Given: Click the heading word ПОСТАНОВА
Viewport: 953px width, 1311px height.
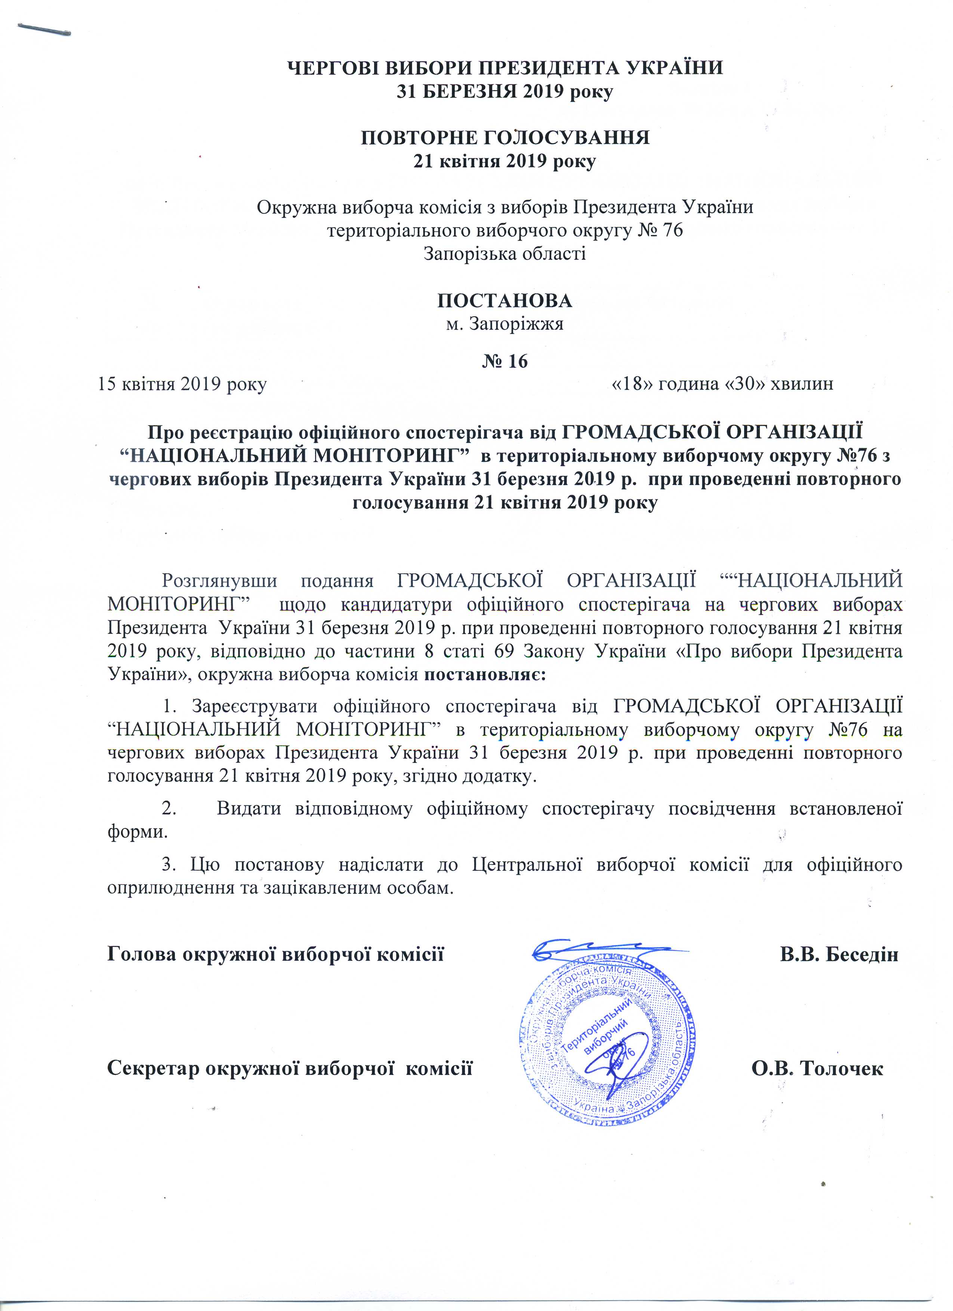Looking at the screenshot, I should (505, 301).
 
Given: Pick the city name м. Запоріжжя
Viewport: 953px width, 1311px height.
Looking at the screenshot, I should (505, 323).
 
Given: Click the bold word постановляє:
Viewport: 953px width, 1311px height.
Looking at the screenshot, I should (486, 675).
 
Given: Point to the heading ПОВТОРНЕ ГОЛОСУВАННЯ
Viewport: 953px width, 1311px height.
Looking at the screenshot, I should (505, 137).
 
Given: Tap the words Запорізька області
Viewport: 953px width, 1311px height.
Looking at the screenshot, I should (505, 253).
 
